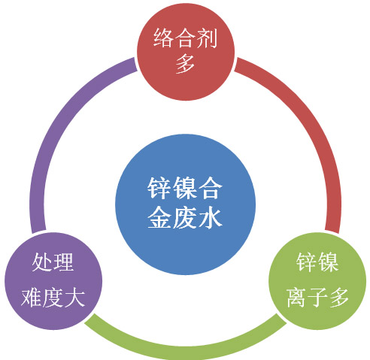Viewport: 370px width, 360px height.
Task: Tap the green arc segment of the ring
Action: pos(186,348)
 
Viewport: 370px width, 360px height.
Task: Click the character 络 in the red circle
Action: pos(163,38)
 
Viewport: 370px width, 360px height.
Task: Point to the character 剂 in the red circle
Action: pos(207,38)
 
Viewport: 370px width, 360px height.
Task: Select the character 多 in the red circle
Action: pos(185,63)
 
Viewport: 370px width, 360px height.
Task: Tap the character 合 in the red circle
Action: pos(185,38)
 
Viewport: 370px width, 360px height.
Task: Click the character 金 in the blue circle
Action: pos(159,217)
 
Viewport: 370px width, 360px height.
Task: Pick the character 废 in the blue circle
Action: pos(185,217)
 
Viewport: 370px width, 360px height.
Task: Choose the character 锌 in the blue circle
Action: pos(159,189)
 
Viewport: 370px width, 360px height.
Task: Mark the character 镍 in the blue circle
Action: pos(185,189)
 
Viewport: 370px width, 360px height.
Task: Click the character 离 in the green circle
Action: pos(296,298)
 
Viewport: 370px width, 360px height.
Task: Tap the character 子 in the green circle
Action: pos(317,298)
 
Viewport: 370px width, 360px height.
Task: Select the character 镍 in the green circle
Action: pos(328,262)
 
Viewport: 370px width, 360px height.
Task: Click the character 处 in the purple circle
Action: pos(42,262)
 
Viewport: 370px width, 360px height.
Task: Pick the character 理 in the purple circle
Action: pos(63,262)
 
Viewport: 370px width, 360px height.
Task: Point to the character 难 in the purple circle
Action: pos(31,298)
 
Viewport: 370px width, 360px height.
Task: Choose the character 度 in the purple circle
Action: pos(53,298)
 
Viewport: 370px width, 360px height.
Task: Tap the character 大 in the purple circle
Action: pos(74,298)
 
